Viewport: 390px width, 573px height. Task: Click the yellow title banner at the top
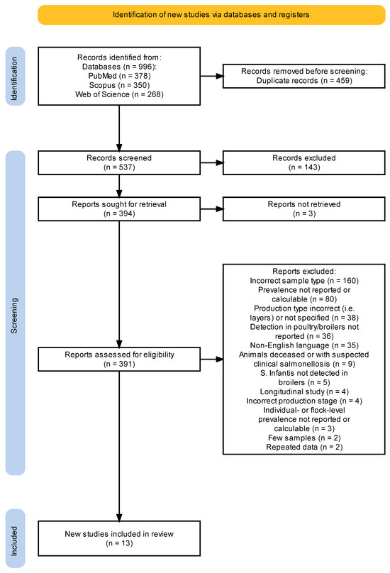pyautogui.click(x=211, y=15)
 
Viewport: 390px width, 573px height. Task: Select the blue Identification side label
pyautogui.click(x=16, y=77)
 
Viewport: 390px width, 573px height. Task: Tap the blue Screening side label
pyautogui.click(x=16, y=313)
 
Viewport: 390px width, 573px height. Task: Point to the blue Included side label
pyautogui.click(x=16, y=538)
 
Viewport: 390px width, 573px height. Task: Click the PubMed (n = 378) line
pyautogui.click(x=119, y=76)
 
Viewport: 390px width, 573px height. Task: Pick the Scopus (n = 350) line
pyautogui.click(x=119, y=85)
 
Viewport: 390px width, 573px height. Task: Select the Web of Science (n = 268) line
pyautogui.click(x=119, y=94)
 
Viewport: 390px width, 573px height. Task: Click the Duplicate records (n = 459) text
pyautogui.click(x=304, y=80)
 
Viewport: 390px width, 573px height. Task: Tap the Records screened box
pyautogui.click(x=119, y=162)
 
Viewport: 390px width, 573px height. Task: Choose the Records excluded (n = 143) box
pyautogui.click(x=304, y=162)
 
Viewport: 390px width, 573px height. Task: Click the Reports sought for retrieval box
pyautogui.click(x=119, y=209)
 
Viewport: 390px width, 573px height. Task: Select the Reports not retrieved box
pyautogui.click(x=304, y=209)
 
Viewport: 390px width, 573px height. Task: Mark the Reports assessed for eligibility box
pyautogui.click(x=119, y=360)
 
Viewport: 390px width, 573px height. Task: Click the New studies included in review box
pyautogui.click(x=119, y=538)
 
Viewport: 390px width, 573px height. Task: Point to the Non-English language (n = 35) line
pyautogui.click(x=304, y=345)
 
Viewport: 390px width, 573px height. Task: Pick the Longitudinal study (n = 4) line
pyautogui.click(x=304, y=391)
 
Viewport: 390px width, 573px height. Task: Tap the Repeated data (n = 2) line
pyautogui.click(x=304, y=447)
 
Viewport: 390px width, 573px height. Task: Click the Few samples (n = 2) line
pyautogui.click(x=304, y=438)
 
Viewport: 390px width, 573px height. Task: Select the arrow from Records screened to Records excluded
pyautogui.click(x=211, y=162)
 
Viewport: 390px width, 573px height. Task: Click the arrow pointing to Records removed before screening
pyautogui.click(x=211, y=76)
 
